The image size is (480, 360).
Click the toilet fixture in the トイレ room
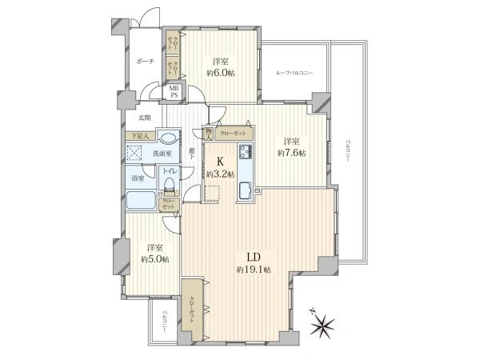point(169,186)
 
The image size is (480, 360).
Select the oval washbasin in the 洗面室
point(168,137)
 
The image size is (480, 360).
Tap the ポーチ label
point(145,61)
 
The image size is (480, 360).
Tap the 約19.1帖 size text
point(254,270)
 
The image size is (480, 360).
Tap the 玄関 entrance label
point(143,118)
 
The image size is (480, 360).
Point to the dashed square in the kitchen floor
point(212,194)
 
